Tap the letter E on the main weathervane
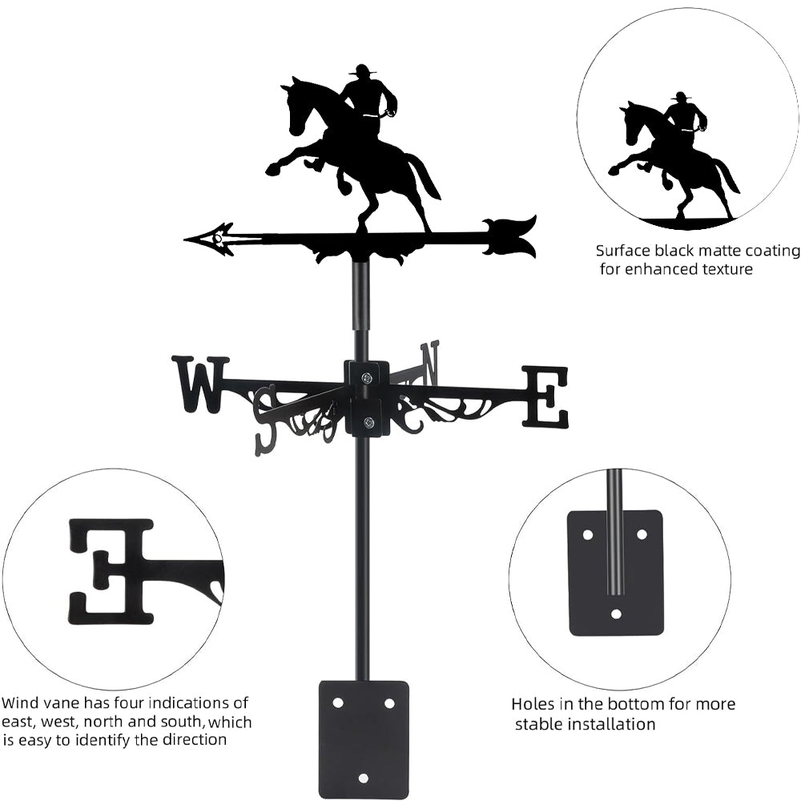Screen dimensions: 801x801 pyautogui.click(x=545, y=396)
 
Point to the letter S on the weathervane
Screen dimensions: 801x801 pyautogui.click(x=268, y=420)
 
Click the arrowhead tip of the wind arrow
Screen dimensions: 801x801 pyautogui.click(x=184, y=239)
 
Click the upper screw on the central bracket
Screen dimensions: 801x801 pyautogui.click(x=367, y=377)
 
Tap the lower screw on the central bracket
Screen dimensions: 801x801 pyautogui.click(x=367, y=422)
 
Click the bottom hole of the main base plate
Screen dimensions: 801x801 pyautogui.click(x=363, y=779)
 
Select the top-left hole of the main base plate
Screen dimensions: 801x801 pyautogui.click(x=337, y=703)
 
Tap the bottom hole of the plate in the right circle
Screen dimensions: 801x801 pyautogui.click(x=617, y=614)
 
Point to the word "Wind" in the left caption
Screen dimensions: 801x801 pyautogui.click(x=19, y=702)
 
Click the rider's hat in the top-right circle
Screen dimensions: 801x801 pyautogui.click(x=680, y=97)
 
